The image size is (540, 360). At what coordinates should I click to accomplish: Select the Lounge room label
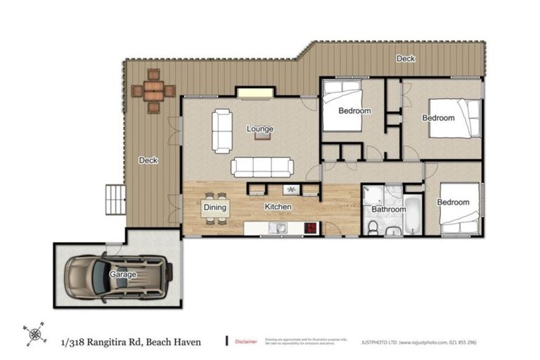point(259,129)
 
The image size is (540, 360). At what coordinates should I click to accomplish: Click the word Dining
point(215,207)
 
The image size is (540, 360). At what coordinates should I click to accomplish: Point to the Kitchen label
point(278,207)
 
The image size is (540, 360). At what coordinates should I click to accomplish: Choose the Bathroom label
point(389,210)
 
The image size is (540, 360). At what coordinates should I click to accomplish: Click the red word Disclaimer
point(245,341)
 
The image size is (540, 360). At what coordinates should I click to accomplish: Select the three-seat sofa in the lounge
point(263,167)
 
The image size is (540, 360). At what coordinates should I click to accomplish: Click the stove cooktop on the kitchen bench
point(310,228)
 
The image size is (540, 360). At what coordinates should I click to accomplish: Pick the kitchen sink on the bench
point(280,227)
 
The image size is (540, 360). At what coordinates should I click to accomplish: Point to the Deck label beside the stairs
point(148,160)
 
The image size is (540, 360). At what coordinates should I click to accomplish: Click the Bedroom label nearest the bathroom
point(452,202)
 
